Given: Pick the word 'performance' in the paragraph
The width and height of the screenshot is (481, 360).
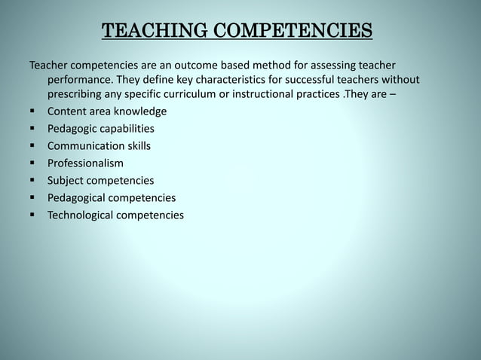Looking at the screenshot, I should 80,80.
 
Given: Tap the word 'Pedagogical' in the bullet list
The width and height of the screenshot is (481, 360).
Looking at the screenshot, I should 78,198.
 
